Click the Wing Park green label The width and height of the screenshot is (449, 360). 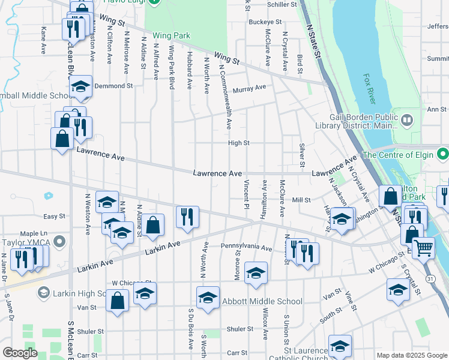point(171,35)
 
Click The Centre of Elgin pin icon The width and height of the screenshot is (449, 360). point(442,154)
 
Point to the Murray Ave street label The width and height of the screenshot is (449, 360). point(249,88)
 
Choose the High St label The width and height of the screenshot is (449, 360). point(238,143)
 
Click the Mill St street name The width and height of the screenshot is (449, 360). point(301,200)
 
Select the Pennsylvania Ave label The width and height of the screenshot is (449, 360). point(246,247)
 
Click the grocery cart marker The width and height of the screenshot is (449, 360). point(423,247)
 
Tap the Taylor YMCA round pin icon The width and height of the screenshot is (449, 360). point(59,242)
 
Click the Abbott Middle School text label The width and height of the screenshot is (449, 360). point(262,301)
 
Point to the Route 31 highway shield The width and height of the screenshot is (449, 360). point(430,279)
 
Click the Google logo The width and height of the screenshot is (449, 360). point(20,353)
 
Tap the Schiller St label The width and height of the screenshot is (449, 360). point(282,4)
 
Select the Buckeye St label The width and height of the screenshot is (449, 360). point(265,22)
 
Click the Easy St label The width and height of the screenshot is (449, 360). point(53,216)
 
